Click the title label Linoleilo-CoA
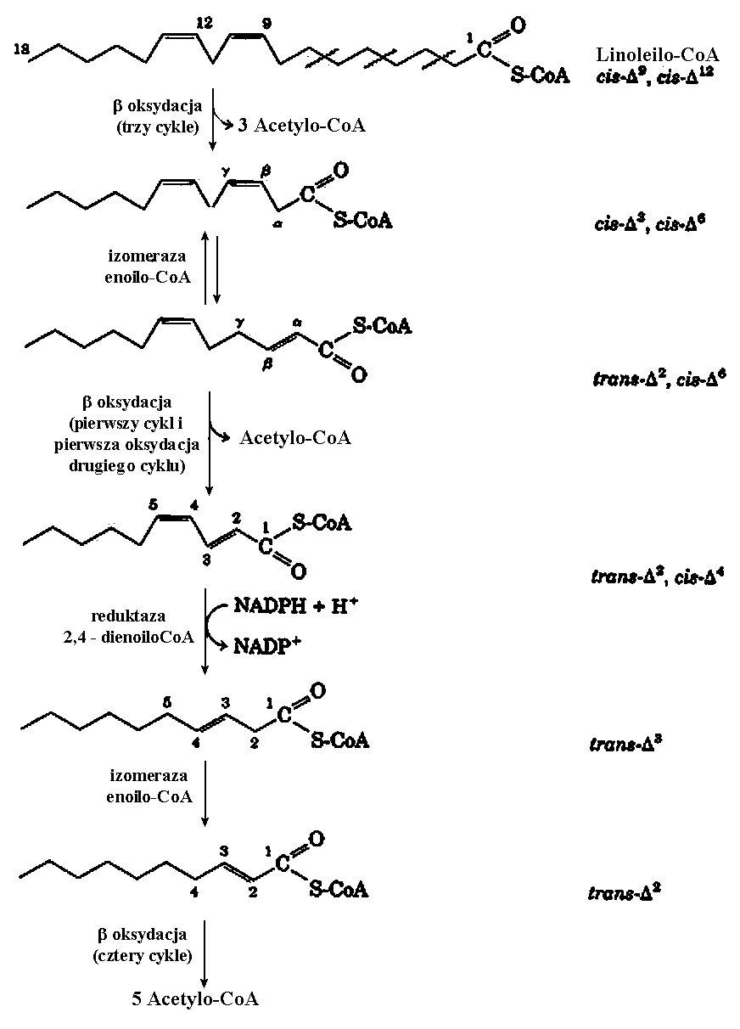point(659,55)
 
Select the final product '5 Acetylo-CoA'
point(195,998)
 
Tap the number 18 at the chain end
point(23,50)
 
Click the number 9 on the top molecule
point(266,25)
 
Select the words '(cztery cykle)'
point(143,954)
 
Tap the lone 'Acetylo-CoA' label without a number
point(294,437)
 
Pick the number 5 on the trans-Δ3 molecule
point(168,701)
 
